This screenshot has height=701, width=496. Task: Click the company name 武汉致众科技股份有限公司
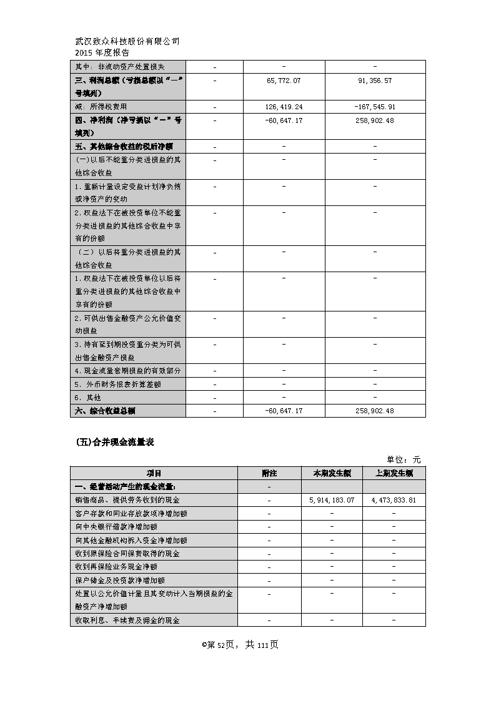[127, 42]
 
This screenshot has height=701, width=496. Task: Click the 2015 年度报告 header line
[102, 53]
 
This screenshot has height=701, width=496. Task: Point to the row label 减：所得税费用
[102, 107]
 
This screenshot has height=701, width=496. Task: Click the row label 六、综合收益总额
[105, 411]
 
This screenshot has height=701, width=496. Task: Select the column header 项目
[154, 473]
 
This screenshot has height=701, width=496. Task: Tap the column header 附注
[269, 473]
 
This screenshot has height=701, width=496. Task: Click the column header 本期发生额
[331, 473]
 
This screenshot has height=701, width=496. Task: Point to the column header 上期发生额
[394, 473]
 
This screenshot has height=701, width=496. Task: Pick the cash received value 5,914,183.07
[332, 501]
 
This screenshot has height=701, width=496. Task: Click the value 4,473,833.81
[394, 501]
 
